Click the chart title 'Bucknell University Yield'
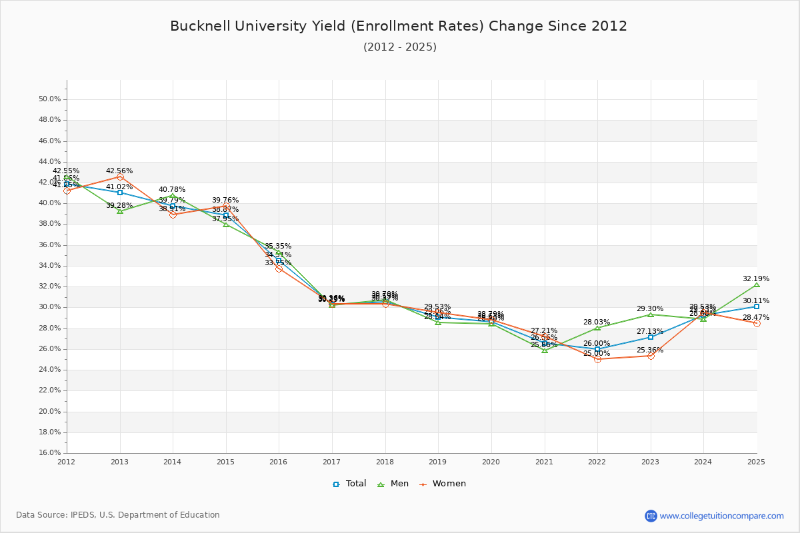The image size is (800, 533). (x=399, y=26)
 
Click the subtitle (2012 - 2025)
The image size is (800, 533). (x=400, y=47)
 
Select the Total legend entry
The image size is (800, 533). (x=350, y=484)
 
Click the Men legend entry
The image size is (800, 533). (x=393, y=484)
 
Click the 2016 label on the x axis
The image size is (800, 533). (x=279, y=462)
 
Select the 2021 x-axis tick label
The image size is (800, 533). (x=544, y=462)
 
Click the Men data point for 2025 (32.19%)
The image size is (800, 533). (x=756, y=285)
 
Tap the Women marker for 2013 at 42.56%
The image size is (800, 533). (x=120, y=177)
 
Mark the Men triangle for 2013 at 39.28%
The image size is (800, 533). (x=120, y=211)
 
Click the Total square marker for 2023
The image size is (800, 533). (x=650, y=337)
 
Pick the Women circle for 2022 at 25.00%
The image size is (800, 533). (x=597, y=359)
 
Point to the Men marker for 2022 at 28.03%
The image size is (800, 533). (x=597, y=328)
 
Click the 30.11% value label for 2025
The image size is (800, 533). (x=756, y=300)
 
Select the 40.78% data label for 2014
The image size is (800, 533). (x=172, y=190)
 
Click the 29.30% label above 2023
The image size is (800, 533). (x=650, y=309)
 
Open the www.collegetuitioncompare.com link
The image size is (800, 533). (x=721, y=516)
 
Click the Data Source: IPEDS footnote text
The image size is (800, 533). (x=118, y=515)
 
